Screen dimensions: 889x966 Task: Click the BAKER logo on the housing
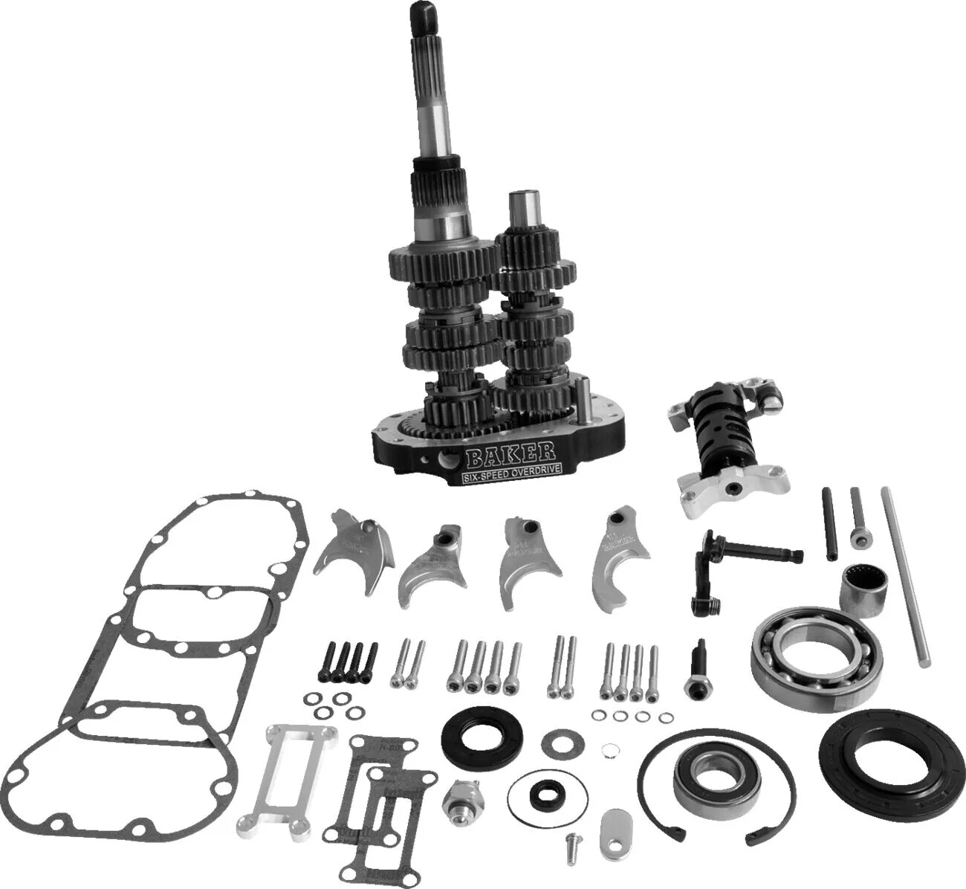[510, 451]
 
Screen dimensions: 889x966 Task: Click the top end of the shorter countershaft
[519, 201]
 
